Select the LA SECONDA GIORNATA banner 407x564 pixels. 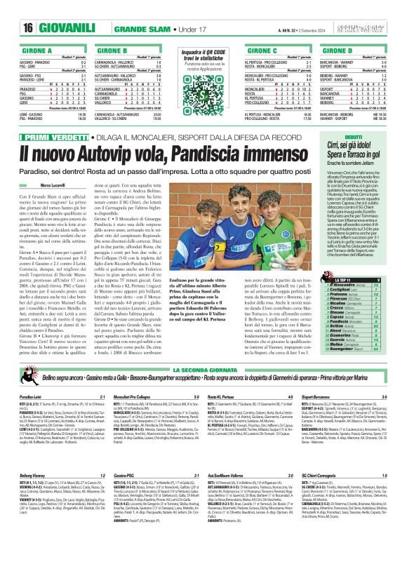[x=204, y=368]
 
